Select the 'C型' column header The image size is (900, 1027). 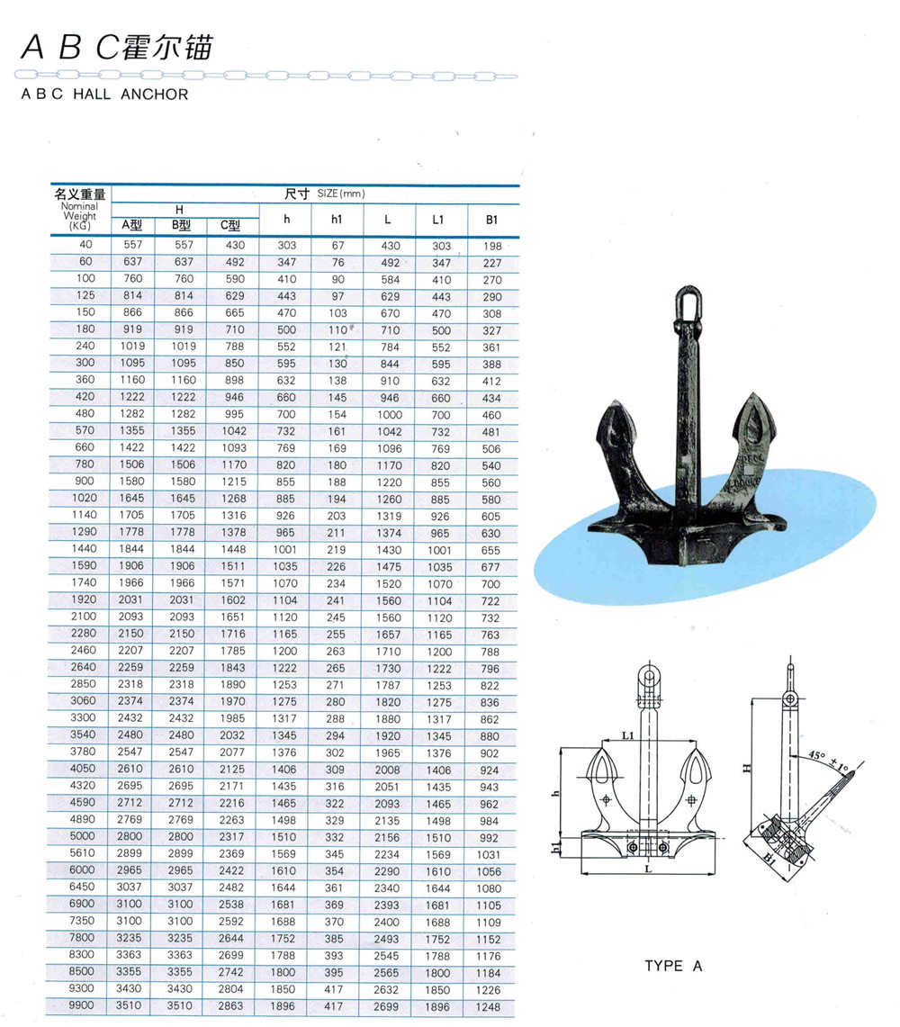(x=231, y=226)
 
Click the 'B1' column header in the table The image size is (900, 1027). (x=491, y=219)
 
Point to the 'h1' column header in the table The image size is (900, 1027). (x=337, y=219)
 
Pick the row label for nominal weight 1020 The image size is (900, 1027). (x=84, y=498)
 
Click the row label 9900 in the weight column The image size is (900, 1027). (x=84, y=1005)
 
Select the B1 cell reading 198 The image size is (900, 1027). (x=491, y=246)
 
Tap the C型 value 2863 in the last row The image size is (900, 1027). (x=231, y=1006)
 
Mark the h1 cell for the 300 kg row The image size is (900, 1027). (x=337, y=364)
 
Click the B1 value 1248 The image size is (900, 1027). (x=491, y=1006)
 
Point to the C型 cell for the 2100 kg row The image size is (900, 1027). (x=231, y=617)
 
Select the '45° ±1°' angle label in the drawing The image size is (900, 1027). (x=829, y=759)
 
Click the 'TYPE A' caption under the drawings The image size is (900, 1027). (x=672, y=966)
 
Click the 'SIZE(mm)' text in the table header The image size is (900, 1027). (x=341, y=194)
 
